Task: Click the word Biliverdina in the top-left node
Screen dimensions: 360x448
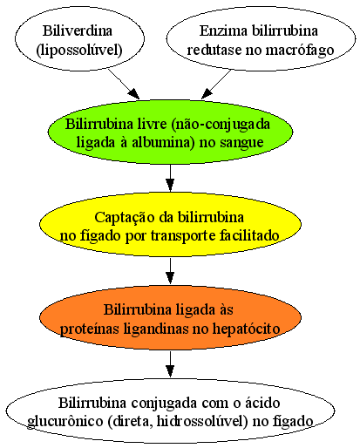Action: (78, 31)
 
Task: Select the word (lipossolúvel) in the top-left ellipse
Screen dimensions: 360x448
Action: (79, 50)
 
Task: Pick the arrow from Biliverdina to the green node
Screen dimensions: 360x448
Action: (124, 85)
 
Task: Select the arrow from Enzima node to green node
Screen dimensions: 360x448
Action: (216, 85)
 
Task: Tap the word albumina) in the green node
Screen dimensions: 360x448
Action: (163, 143)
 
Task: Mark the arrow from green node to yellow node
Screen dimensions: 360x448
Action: (170, 178)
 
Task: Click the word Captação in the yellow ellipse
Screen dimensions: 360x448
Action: (125, 218)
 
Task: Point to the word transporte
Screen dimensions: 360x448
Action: (183, 236)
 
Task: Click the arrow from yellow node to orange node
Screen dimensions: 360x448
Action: (170, 271)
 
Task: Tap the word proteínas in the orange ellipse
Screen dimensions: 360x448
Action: (90, 329)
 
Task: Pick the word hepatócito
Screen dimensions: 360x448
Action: (247, 329)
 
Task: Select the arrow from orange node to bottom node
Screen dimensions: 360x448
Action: (170, 364)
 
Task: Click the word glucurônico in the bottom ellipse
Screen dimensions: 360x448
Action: (65, 422)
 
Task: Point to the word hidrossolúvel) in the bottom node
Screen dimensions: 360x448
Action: (202, 422)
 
